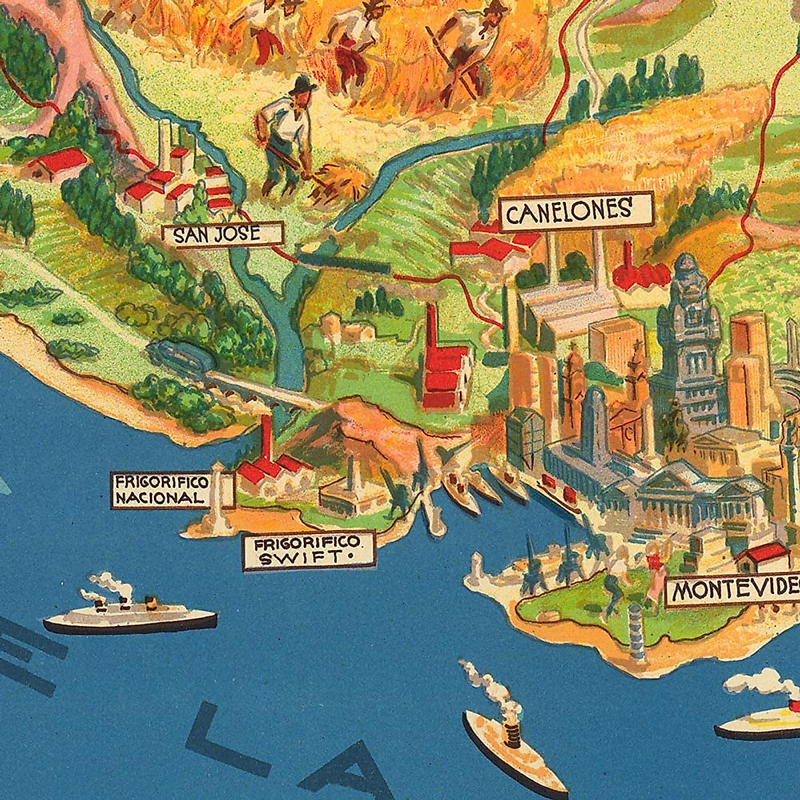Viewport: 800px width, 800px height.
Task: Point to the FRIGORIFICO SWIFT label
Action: point(308,550)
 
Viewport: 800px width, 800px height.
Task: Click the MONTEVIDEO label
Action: point(733,590)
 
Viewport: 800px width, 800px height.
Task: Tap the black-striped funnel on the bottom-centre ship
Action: point(512,737)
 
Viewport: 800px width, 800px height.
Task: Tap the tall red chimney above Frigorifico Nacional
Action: point(267,437)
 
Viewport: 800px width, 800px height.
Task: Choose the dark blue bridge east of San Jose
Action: point(343,262)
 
